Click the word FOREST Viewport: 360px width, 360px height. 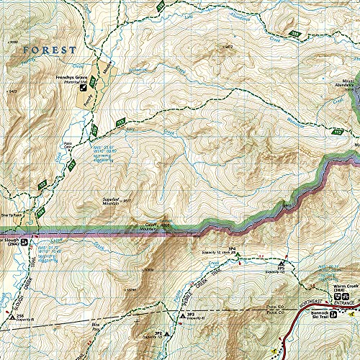pyautogui.click(x=49, y=50)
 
